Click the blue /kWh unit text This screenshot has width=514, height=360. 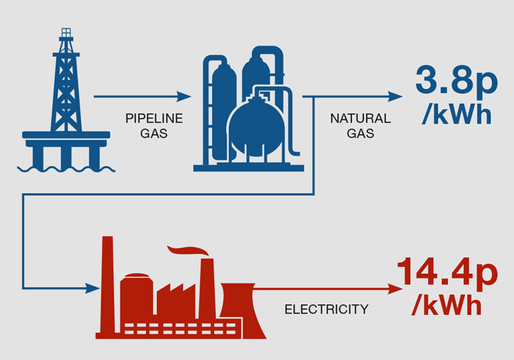pos(457,115)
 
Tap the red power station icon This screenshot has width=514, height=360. pos(178,293)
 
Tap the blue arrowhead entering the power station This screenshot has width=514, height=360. pos(92,289)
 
